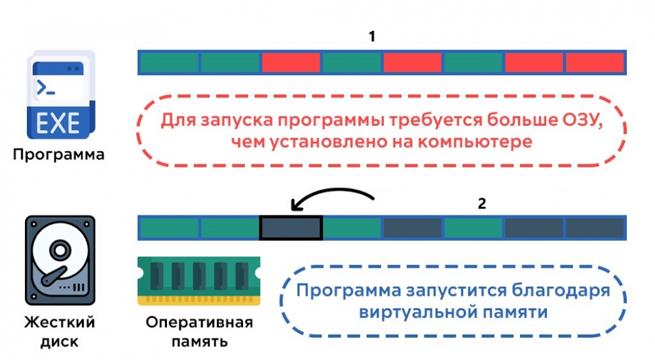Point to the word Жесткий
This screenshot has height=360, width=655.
point(60,323)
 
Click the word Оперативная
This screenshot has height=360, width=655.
point(199,323)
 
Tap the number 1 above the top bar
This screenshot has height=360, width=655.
point(372,37)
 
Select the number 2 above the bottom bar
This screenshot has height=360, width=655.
point(482,204)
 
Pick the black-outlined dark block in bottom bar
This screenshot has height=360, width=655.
point(291,228)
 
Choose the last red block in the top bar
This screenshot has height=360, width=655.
point(594,62)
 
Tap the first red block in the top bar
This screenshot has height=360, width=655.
point(291,62)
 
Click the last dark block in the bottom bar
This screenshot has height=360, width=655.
point(594,228)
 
